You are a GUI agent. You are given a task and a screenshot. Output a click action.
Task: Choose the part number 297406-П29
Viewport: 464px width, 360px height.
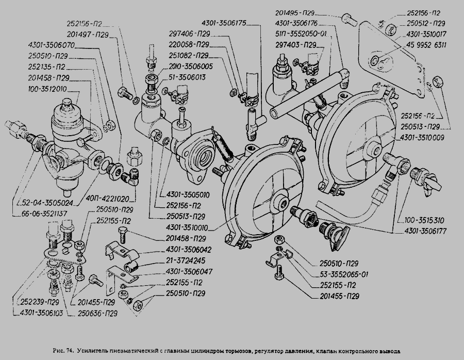(188, 35)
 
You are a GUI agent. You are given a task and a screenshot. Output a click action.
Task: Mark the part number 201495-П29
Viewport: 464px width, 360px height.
(299, 12)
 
